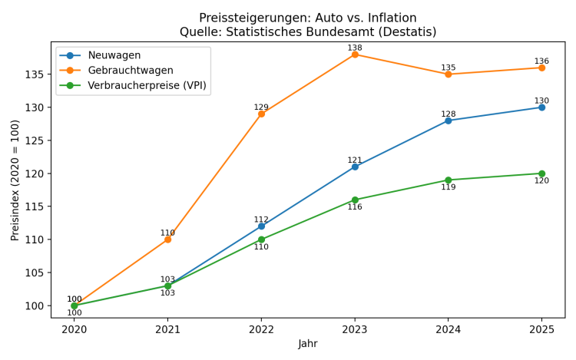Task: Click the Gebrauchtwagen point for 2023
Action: pyautogui.click(x=355, y=54)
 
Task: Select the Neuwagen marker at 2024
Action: pyautogui.click(x=449, y=121)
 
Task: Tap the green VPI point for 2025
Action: pyautogui.click(x=541, y=173)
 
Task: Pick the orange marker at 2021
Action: pyautogui.click(x=167, y=239)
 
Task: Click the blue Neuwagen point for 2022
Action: pyautogui.click(x=261, y=226)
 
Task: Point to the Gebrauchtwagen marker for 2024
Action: pyautogui.click(x=449, y=74)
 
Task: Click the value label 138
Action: pyautogui.click(x=355, y=48)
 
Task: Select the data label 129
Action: pyautogui.click(x=261, y=107)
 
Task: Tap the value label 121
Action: pyautogui.click(x=355, y=160)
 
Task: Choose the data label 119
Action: pyautogui.click(x=449, y=187)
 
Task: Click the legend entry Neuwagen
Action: pyautogui.click(x=114, y=55)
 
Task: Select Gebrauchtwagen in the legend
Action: pyautogui.click(x=130, y=70)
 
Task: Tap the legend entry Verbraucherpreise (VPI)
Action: pyautogui.click(x=147, y=85)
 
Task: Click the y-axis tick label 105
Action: pyautogui.click(x=34, y=272)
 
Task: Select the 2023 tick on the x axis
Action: pyautogui.click(x=355, y=329)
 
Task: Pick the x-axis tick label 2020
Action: pyautogui.click(x=74, y=329)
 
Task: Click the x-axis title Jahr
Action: pyautogui.click(x=308, y=344)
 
